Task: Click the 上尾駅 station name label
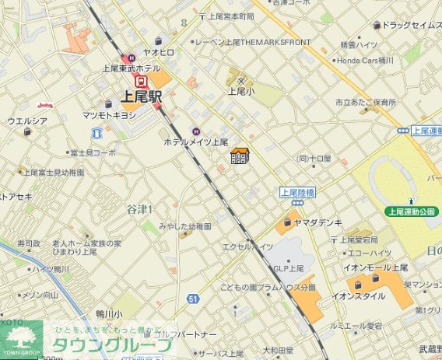(141, 97)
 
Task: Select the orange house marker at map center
(239, 156)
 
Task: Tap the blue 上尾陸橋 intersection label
(297, 191)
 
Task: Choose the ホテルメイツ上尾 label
(195, 143)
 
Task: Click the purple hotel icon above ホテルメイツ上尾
(195, 131)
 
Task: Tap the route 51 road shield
(192, 299)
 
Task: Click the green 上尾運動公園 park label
(412, 211)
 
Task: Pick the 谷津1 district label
(139, 208)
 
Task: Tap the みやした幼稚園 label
(184, 225)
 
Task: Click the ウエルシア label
(27, 121)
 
